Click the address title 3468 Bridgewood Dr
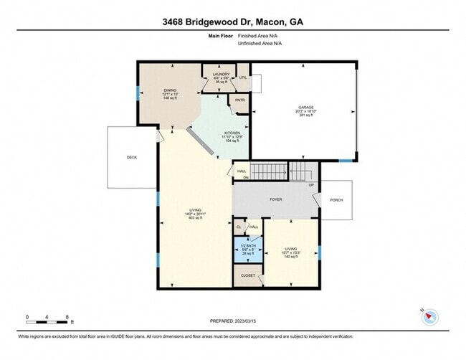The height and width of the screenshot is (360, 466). (232, 22)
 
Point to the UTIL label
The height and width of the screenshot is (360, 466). (242, 77)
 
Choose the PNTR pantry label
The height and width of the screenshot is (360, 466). (240, 100)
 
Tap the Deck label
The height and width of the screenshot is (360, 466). (132, 158)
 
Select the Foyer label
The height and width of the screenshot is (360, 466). (276, 200)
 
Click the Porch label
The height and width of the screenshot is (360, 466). (337, 201)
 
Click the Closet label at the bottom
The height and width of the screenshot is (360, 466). (248, 275)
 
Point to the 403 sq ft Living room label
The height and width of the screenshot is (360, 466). (195, 213)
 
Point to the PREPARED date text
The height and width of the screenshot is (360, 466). (232, 321)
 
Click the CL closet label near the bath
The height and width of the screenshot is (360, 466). (239, 227)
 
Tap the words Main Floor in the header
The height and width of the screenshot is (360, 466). (221, 35)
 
